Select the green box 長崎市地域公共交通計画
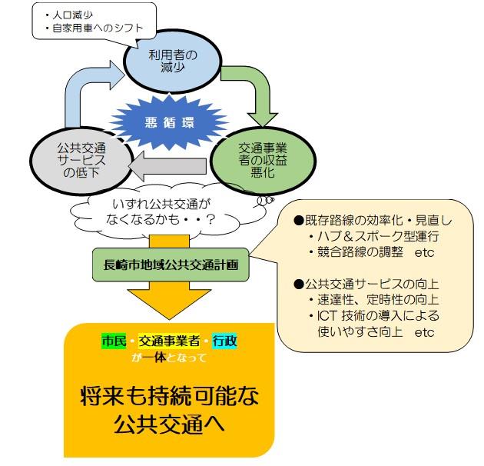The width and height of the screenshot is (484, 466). coord(170,263)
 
